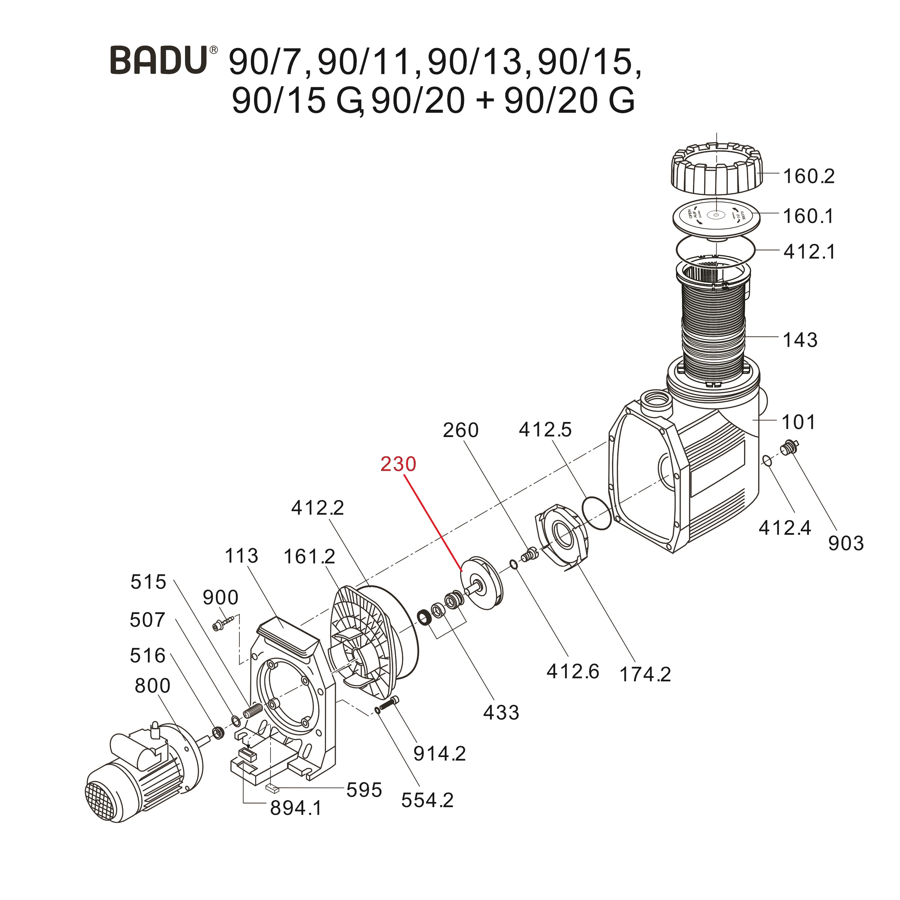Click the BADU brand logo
point(158,60)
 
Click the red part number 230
point(398,464)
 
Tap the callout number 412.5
point(545,430)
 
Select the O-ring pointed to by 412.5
point(597,513)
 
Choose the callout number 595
point(364,790)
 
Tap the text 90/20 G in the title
point(569,101)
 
